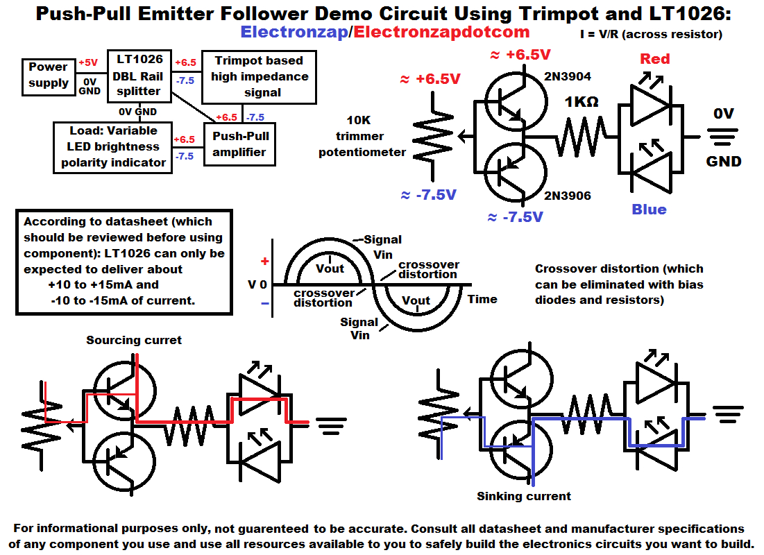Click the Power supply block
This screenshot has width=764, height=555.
point(49,75)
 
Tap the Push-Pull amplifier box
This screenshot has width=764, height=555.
point(239,144)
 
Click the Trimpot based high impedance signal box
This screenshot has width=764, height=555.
point(258,76)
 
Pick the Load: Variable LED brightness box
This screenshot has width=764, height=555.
point(113,146)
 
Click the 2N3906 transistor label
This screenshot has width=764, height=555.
point(568,196)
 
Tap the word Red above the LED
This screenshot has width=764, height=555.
point(654,59)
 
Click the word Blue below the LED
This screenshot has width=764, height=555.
point(649,210)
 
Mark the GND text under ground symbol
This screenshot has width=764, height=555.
point(724,162)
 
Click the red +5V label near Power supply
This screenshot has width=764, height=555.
point(88,62)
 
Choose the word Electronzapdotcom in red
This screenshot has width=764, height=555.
point(442,32)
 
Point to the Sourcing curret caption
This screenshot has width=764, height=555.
point(134,340)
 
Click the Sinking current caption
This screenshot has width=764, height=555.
point(523,496)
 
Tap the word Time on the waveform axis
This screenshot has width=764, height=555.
point(482,299)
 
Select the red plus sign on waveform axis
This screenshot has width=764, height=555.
point(264,262)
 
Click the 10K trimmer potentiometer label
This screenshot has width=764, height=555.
point(362,136)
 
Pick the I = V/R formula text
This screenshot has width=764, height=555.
point(651,34)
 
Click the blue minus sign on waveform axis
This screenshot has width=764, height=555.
point(264,303)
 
